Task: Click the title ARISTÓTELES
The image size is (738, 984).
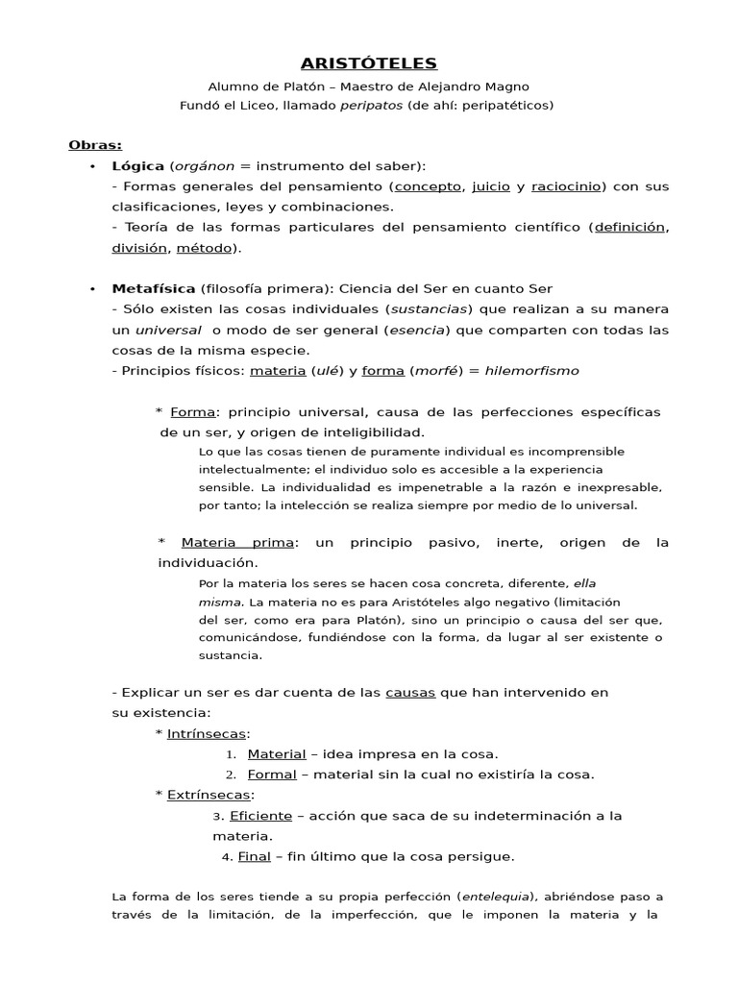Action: point(369,63)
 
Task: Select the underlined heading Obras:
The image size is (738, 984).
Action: point(95,145)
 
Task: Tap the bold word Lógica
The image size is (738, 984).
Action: point(138,165)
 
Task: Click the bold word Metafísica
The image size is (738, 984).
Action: point(154,288)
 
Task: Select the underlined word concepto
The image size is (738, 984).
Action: point(429,185)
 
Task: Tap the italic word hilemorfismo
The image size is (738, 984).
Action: point(531,370)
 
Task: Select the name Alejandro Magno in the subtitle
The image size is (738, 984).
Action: point(479,86)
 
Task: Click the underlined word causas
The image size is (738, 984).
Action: point(410,692)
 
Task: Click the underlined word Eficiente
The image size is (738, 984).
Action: point(260,816)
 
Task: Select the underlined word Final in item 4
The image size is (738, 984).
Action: point(255,856)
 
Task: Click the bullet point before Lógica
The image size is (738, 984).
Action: point(92,166)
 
